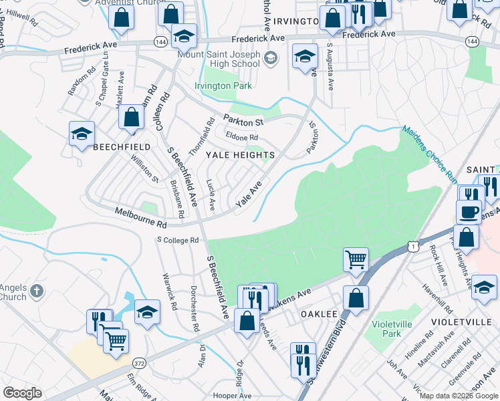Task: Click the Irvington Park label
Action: tap(223, 86)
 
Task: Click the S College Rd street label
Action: tap(178, 239)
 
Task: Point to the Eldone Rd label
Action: tap(242, 138)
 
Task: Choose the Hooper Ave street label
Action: tap(232, 396)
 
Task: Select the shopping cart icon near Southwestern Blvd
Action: tap(356, 259)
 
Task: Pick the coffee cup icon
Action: tap(469, 212)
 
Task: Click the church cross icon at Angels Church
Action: tap(37, 291)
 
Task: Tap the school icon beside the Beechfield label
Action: tap(82, 134)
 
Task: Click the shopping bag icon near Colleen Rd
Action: tap(132, 118)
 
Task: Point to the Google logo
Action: tap(22, 393)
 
